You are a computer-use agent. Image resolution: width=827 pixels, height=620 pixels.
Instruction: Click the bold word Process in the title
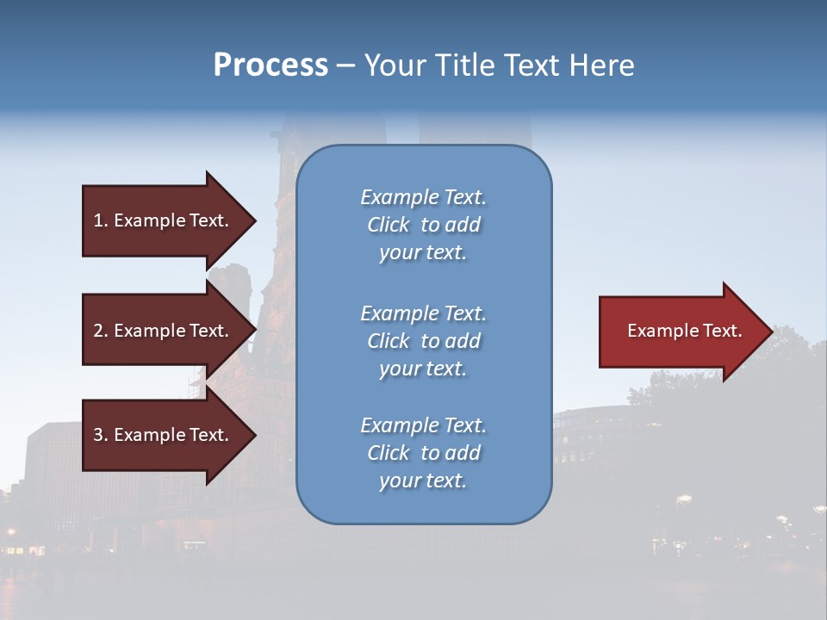point(270,65)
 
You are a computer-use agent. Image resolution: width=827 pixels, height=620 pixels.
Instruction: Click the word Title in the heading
point(462,65)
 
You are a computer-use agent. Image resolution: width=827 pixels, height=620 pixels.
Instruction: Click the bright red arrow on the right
point(681,331)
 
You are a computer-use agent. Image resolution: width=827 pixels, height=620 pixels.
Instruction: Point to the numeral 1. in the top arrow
point(101,220)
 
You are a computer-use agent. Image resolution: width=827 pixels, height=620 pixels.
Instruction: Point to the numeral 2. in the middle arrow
point(101,331)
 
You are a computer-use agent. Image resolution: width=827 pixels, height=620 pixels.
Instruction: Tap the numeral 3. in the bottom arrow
point(101,435)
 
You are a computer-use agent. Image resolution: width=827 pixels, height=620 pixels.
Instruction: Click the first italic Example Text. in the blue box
point(423,197)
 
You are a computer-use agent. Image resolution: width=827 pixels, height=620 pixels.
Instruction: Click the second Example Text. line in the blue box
point(423,313)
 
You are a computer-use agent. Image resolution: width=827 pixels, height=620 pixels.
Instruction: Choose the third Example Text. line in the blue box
point(423,425)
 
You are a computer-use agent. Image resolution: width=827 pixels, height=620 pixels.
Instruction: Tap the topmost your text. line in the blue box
point(423,253)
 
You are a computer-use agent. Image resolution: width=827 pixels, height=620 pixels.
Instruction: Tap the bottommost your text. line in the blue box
point(423,481)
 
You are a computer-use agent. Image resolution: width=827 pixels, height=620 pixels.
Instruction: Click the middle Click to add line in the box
point(423,341)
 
